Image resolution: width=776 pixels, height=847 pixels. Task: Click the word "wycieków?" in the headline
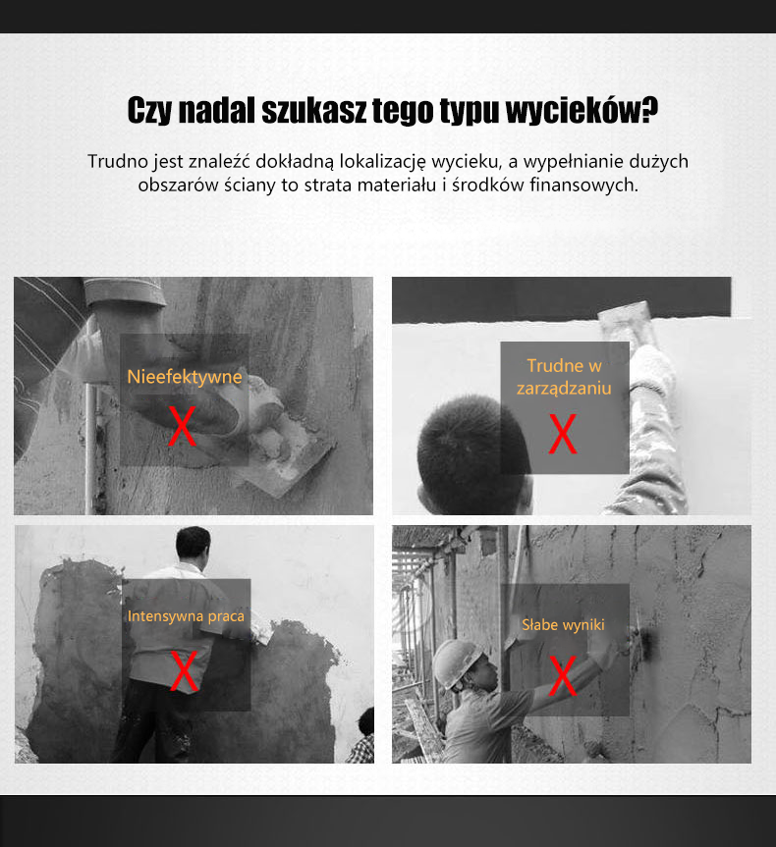point(582,110)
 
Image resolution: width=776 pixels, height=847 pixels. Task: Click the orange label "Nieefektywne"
point(185,377)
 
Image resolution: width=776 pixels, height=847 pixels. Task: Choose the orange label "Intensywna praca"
point(186,616)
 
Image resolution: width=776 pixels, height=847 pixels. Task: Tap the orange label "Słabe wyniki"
point(563,625)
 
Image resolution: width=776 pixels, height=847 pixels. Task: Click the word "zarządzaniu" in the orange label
point(564,389)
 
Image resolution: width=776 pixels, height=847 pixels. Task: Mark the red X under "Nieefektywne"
point(183,426)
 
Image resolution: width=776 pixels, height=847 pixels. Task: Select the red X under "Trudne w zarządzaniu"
point(563,434)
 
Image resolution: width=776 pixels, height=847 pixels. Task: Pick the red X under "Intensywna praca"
point(184,671)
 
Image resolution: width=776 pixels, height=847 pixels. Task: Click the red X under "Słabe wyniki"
point(563,676)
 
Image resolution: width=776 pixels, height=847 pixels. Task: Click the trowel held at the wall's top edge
point(625,320)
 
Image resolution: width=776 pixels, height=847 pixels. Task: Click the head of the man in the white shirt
point(194,546)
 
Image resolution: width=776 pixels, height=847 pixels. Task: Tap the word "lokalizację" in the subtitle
point(383,162)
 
